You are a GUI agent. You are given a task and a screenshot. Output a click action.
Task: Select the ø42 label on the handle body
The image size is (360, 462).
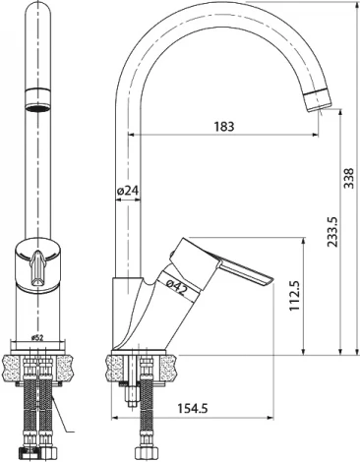pyautogui.click(x=177, y=287)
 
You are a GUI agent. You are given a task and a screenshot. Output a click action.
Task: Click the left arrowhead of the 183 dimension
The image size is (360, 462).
pyautogui.click(x=122, y=133)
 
